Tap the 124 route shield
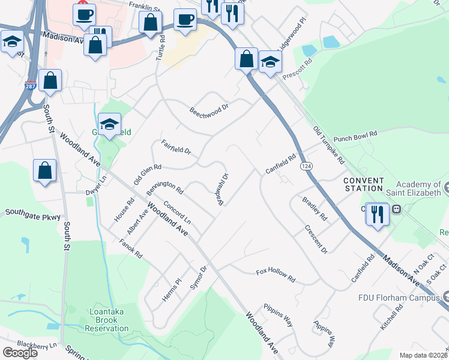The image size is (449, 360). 307,166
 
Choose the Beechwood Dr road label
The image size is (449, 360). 209,111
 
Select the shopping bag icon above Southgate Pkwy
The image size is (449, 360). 45,170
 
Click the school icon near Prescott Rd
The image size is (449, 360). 270,62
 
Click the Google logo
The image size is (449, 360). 20,352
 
